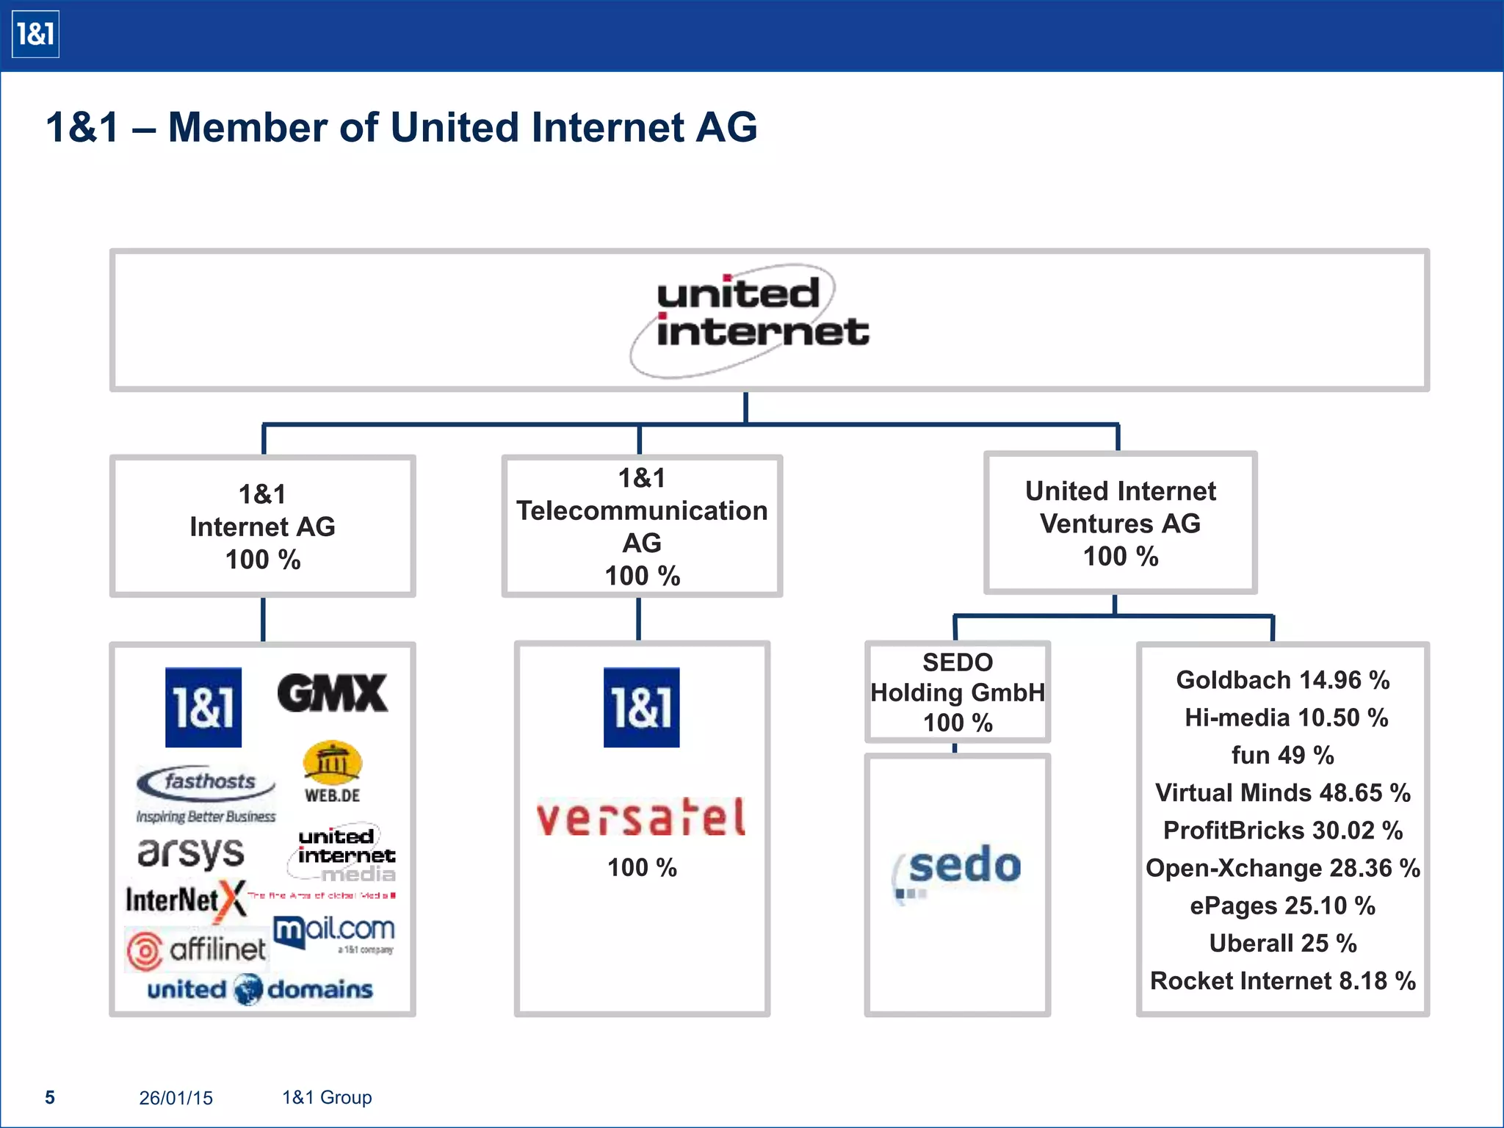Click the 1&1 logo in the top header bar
click(x=35, y=35)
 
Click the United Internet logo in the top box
click(x=749, y=320)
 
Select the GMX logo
click(x=332, y=693)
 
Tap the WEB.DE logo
click(x=332, y=771)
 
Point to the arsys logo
click(x=191, y=852)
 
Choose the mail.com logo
click(x=334, y=931)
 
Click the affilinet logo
click(x=197, y=950)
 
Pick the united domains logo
click(x=260, y=989)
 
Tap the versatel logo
click(x=641, y=818)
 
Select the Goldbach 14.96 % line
click(x=1282, y=680)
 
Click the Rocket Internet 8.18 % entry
click(x=1282, y=981)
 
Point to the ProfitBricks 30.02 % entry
click(x=1282, y=831)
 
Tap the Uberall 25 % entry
click(x=1282, y=943)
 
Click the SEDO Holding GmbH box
click(x=957, y=692)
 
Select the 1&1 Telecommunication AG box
click(x=641, y=526)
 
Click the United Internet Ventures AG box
click(x=1120, y=523)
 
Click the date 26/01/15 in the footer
click(x=176, y=1098)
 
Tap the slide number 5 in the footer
click(x=50, y=1097)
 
